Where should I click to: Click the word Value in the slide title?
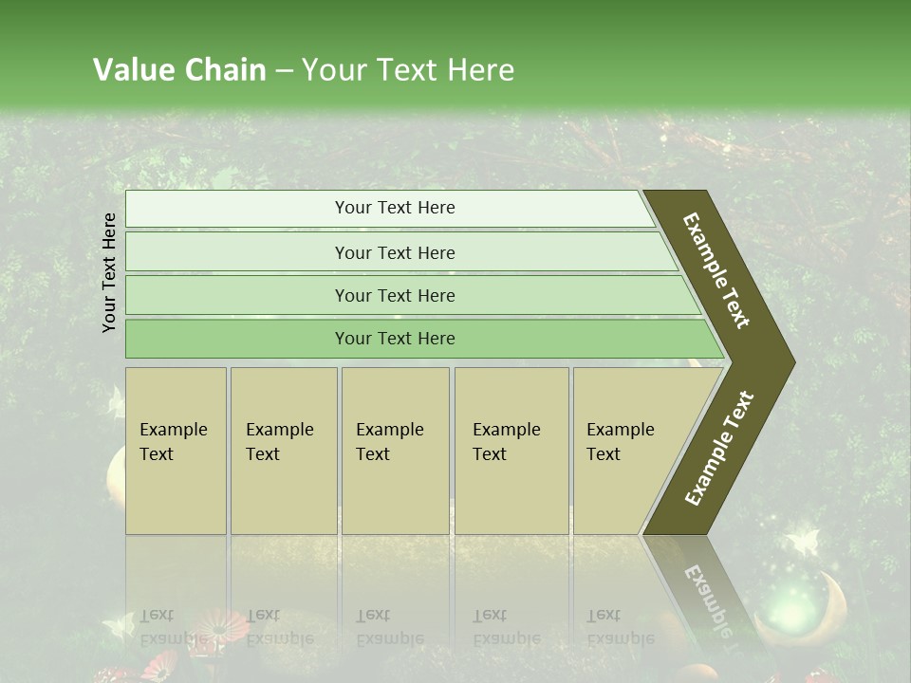pyautogui.click(x=131, y=70)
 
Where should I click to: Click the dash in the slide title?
pyautogui.click(x=284, y=71)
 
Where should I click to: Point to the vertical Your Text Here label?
pyautogui.click(x=109, y=272)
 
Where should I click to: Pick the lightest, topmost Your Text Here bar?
pyautogui.click(x=395, y=209)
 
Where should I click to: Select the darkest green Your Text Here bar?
pyautogui.click(x=395, y=339)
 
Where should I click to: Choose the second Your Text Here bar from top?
pyautogui.click(x=395, y=252)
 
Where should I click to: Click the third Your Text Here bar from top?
pyautogui.click(x=395, y=295)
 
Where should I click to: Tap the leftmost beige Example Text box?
pyautogui.click(x=176, y=451)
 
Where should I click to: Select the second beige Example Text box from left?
pyautogui.click(x=284, y=451)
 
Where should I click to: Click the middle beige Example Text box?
pyautogui.click(x=395, y=451)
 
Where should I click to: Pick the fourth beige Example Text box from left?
pyautogui.click(x=511, y=451)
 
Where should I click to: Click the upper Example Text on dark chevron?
pyautogui.click(x=717, y=270)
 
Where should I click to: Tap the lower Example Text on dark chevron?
pyautogui.click(x=719, y=449)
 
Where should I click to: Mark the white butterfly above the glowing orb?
pyautogui.click(x=803, y=542)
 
